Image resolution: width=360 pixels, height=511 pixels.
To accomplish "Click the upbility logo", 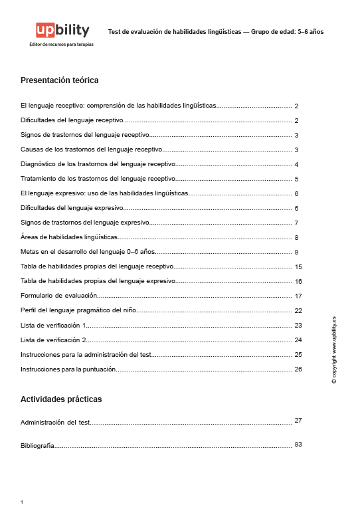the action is tap(62, 30).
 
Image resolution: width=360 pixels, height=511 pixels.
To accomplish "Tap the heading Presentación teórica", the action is tap(60, 80).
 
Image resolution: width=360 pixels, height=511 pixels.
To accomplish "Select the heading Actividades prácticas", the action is tap(61, 399).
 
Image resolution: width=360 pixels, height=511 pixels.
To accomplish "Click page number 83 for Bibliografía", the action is tap(298, 444).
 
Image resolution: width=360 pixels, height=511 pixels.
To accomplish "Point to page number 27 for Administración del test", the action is tap(298, 421).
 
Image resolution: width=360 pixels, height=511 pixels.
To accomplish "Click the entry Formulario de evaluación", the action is tap(59, 296).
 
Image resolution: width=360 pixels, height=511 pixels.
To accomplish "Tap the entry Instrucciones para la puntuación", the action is tap(68, 369).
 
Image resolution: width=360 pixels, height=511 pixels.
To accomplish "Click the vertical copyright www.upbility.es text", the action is tap(334, 349).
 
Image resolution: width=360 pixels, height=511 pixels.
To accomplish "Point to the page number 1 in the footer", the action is tap(22, 502).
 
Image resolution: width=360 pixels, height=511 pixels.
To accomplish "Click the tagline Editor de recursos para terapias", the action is tap(62, 45).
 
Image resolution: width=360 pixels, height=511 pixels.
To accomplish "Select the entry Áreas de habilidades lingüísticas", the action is tap(69, 237).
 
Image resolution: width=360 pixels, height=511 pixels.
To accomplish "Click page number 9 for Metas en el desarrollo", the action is tap(297, 253).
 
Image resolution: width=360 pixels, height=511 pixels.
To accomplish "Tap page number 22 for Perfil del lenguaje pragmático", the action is tap(298, 311).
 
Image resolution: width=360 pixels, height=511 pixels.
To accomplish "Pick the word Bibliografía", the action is tap(37, 446).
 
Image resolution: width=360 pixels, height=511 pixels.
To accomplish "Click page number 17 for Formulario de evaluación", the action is tap(298, 296).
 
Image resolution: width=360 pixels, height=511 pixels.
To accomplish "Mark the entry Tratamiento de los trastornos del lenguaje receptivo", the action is tap(98, 179).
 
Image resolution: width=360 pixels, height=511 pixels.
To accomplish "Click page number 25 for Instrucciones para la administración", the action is tap(298, 355).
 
